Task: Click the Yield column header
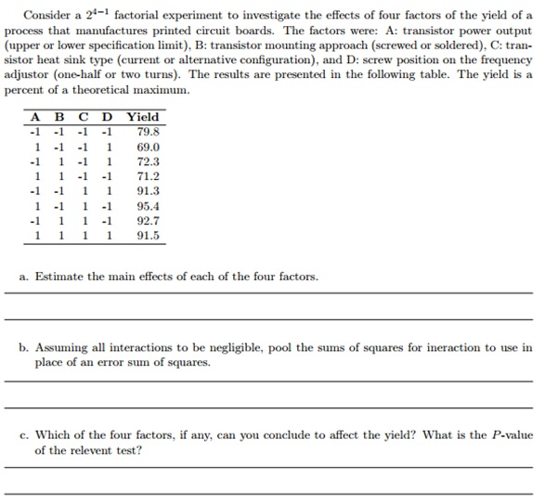pos(142,117)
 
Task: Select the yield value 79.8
pos(148,132)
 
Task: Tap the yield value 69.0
pos(148,147)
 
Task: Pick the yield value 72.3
pos(148,162)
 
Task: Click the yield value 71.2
pos(148,176)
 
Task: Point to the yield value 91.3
pos(148,191)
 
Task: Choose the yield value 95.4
pos(148,206)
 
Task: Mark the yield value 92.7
pos(148,221)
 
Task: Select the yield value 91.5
pos(148,236)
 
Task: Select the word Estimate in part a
pos(62,276)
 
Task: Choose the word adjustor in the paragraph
pos(29,73)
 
